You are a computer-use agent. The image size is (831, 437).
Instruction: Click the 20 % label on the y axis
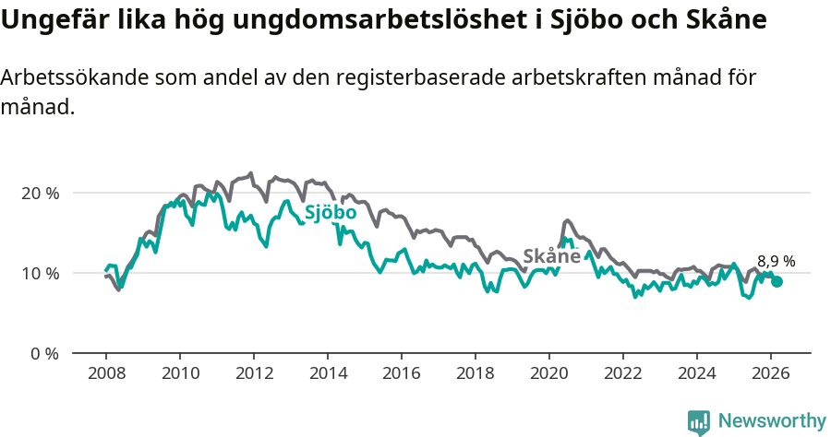pos(40,194)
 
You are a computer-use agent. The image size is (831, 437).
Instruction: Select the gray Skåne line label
pos(551,256)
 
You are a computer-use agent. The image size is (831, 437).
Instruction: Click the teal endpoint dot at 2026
pos(777,281)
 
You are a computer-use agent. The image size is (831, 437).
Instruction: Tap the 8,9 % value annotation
pos(776,262)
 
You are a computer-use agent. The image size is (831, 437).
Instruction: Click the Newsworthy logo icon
pos(699,421)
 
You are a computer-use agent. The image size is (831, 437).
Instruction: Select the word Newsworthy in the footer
pos(772,421)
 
